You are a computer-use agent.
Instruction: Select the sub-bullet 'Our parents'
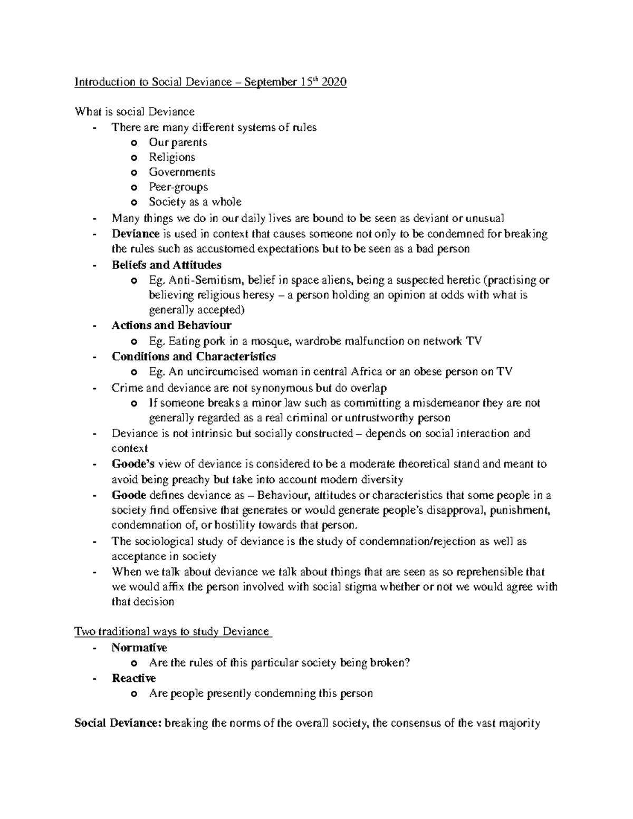(x=178, y=142)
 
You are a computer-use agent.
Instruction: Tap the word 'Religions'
(x=172, y=157)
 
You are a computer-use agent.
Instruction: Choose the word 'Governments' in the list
(x=182, y=172)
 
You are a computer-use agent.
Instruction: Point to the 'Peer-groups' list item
(x=178, y=187)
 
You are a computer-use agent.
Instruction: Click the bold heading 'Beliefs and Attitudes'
(x=166, y=265)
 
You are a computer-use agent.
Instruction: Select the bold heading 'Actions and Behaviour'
(x=171, y=325)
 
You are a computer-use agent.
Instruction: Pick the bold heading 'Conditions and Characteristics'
(x=194, y=356)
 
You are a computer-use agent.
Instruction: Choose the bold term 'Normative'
(x=139, y=648)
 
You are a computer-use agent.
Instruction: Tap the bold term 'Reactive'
(x=133, y=678)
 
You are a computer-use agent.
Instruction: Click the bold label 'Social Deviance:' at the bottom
(x=118, y=724)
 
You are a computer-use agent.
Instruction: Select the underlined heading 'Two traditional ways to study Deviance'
(x=172, y=631)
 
